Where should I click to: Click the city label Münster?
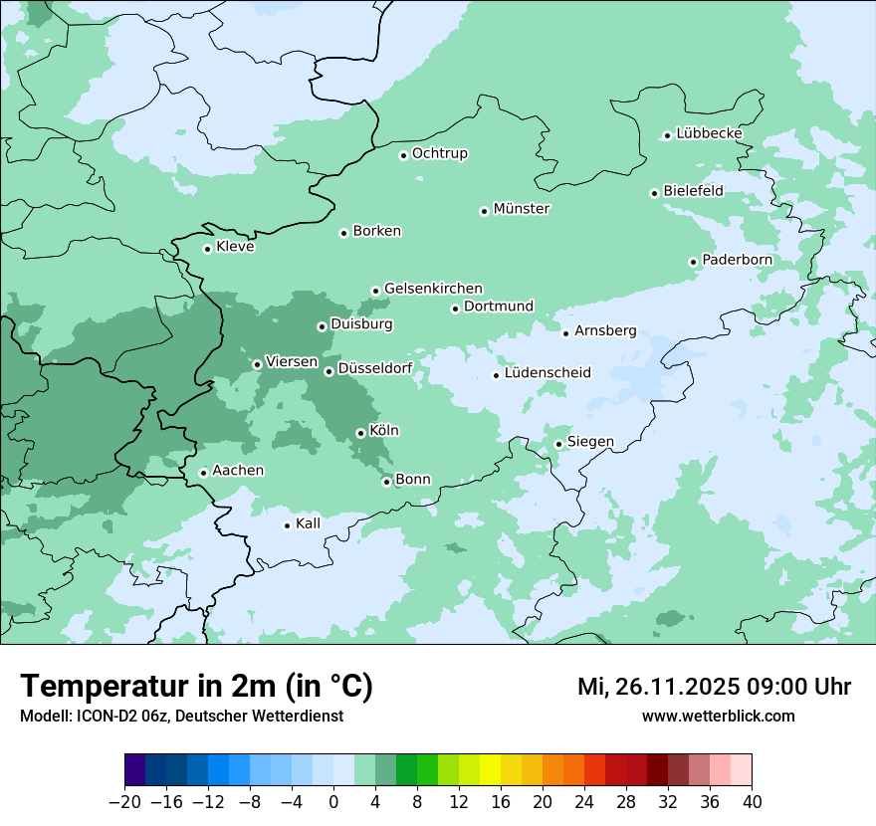(x=522, y=209)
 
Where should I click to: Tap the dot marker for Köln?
(x=360, y=433)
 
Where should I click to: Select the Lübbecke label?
(x=709, y=133)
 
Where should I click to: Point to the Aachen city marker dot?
(x=203, y=473)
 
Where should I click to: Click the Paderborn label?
(x=737, y=261)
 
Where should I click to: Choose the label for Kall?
(x=309, y=523)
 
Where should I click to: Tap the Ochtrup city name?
(x=439, y=153)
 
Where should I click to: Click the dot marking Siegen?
(x=558, y=444)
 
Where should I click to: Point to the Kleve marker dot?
(x=207, y=249)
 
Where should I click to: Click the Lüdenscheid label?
(x=547, y=373)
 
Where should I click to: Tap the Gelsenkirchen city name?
(x=433, y=289)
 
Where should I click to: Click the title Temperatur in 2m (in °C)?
(x=197, y=687)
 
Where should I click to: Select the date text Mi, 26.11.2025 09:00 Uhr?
(x=714, y=687)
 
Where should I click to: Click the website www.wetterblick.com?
(x=718, y=716)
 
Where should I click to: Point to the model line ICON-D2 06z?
(x=181, y=716)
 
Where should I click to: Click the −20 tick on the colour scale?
(x=125, y=802)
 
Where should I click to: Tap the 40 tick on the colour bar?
(x=752, y=802)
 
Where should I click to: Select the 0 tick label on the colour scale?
(x=333, y=802)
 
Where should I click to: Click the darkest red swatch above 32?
(x=657, y=770)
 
